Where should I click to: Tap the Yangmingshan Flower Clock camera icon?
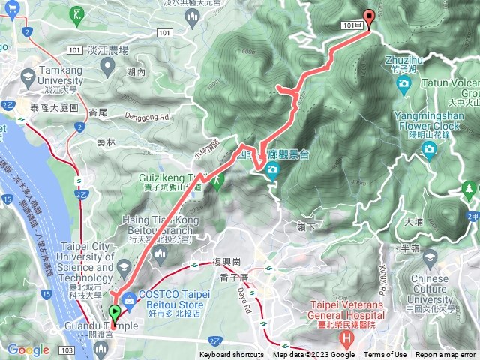click(429, 151)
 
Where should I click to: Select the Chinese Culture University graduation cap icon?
click(430, 259)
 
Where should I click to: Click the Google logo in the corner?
click(28, 349)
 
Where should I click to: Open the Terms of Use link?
click(385, 355)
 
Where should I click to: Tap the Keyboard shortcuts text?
click(232, 355)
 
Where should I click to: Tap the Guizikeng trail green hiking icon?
click(218, 182)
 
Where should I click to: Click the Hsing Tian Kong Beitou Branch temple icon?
click(158, 256)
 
